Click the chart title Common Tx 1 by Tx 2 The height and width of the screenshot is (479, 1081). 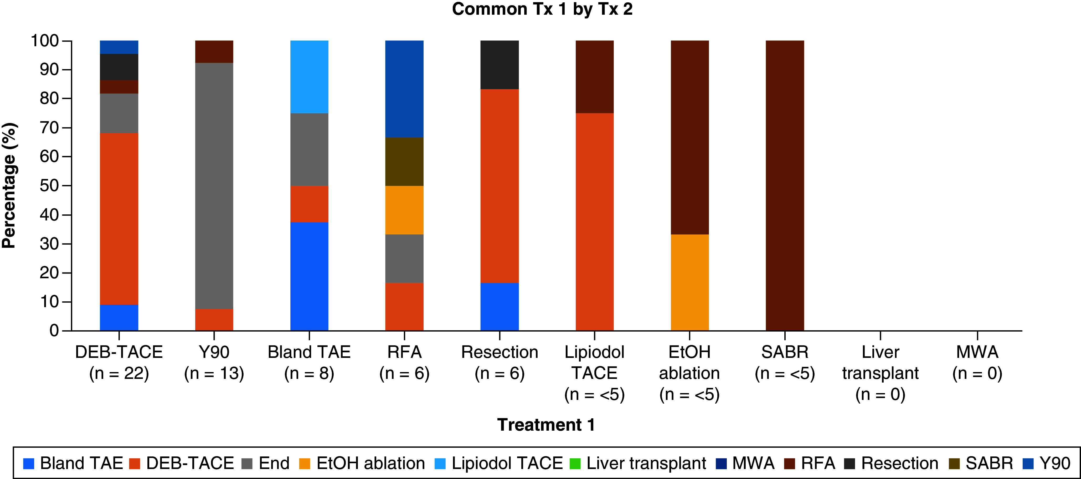click(542, 9)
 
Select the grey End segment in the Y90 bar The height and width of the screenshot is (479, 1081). click(214, 186)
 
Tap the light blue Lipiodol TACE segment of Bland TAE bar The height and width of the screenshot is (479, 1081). click(309, 77)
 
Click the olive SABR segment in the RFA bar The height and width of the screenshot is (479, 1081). click(404, 162)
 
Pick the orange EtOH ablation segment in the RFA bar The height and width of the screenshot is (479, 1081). click(404, 210)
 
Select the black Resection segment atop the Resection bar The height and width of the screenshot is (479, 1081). click(499, 65)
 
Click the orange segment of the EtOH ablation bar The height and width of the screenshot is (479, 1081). click(690, 282)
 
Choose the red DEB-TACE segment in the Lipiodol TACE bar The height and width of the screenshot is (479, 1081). click(595, 222)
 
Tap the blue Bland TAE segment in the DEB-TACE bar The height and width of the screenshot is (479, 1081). click(119, 318)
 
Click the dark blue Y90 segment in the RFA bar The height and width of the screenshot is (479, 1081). click(404, 89)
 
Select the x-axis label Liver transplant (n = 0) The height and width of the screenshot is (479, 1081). click(881, 373)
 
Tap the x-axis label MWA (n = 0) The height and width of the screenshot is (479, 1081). click(977, 363)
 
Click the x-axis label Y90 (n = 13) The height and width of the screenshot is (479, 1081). click(214, 363)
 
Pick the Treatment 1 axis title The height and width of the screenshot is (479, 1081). click(545, 425)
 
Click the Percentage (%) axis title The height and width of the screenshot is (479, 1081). click(9, 186)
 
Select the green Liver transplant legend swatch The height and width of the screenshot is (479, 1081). click(575, 463)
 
